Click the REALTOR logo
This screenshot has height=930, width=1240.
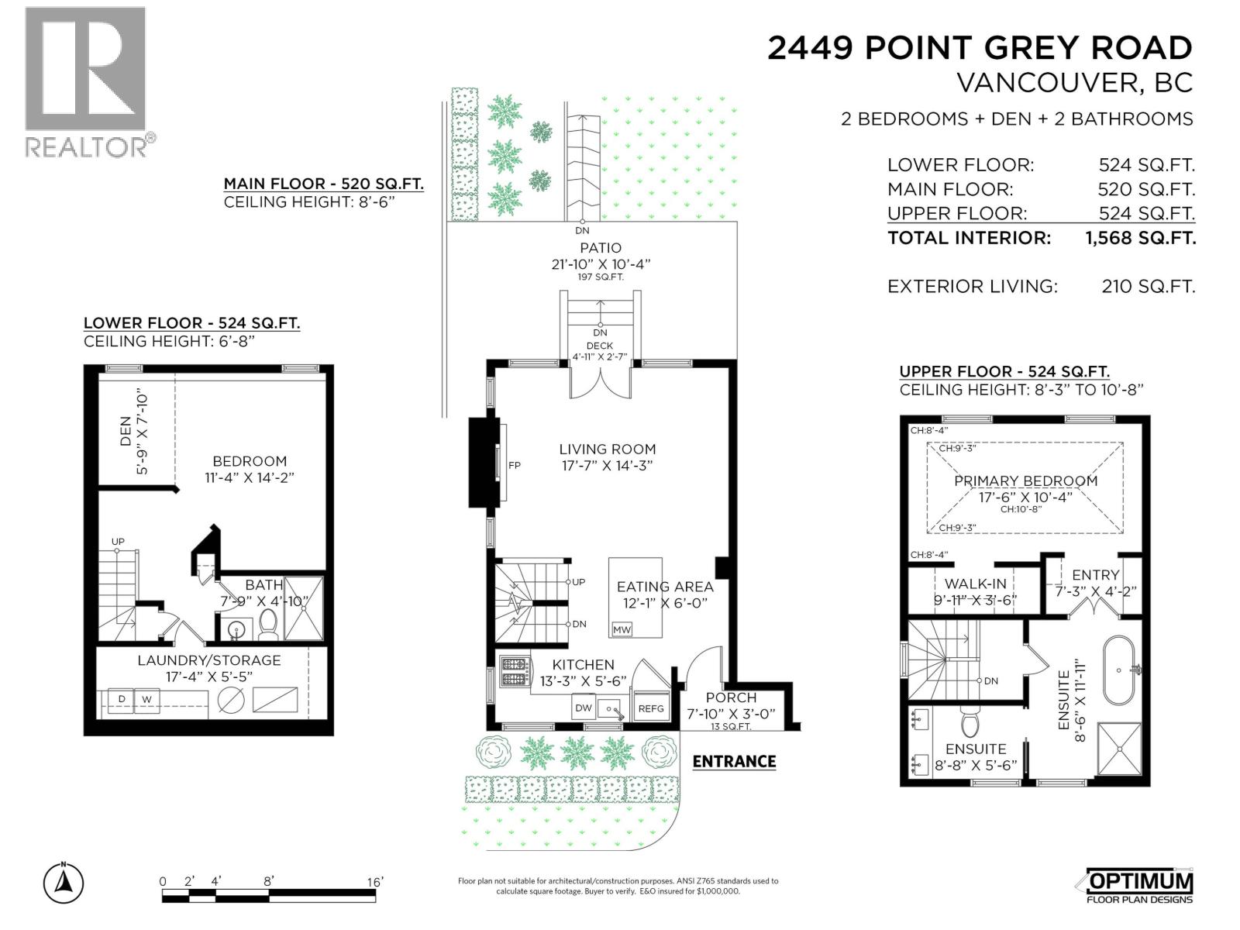pyautogui.click(x=85, y=81)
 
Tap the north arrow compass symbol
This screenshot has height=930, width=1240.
pyautogui.click(x=64, y=883)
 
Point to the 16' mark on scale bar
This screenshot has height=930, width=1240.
pyautogui.click(x=375, y=881)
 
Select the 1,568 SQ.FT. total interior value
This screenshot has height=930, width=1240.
pyautogui.click(x=1140, y=238)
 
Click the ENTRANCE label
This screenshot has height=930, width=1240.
pyautogui.click(x=733, y=761)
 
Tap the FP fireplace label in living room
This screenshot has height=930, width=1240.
pyautogui.click(x=514, y=466)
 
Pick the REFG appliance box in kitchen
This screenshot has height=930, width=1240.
pyautogui.click(x=651, y=708)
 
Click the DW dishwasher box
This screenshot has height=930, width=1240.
pyautogui.click(x=583, y=708)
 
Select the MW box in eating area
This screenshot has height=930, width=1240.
pyautogui.click(x=622, y=630)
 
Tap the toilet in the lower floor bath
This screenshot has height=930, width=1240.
pyautogui.click(x=268, y=625)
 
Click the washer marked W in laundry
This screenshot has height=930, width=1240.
pyautogui.click(x=146, y=700)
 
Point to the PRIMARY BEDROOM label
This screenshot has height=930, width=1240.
pyautogui.click(x=1025, y=480)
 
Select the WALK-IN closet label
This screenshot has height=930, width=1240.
pyautogui.click(x=975, y=584)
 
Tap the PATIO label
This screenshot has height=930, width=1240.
pyautogui.click(x=601, y=248)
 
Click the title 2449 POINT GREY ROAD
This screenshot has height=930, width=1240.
pyautogui.click(x=980, y=48)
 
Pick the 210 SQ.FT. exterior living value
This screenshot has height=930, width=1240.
pyautogui.click(x=1148, y=287)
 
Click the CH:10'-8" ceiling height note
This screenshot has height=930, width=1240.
pyautogui.click(x=1021, y=509)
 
